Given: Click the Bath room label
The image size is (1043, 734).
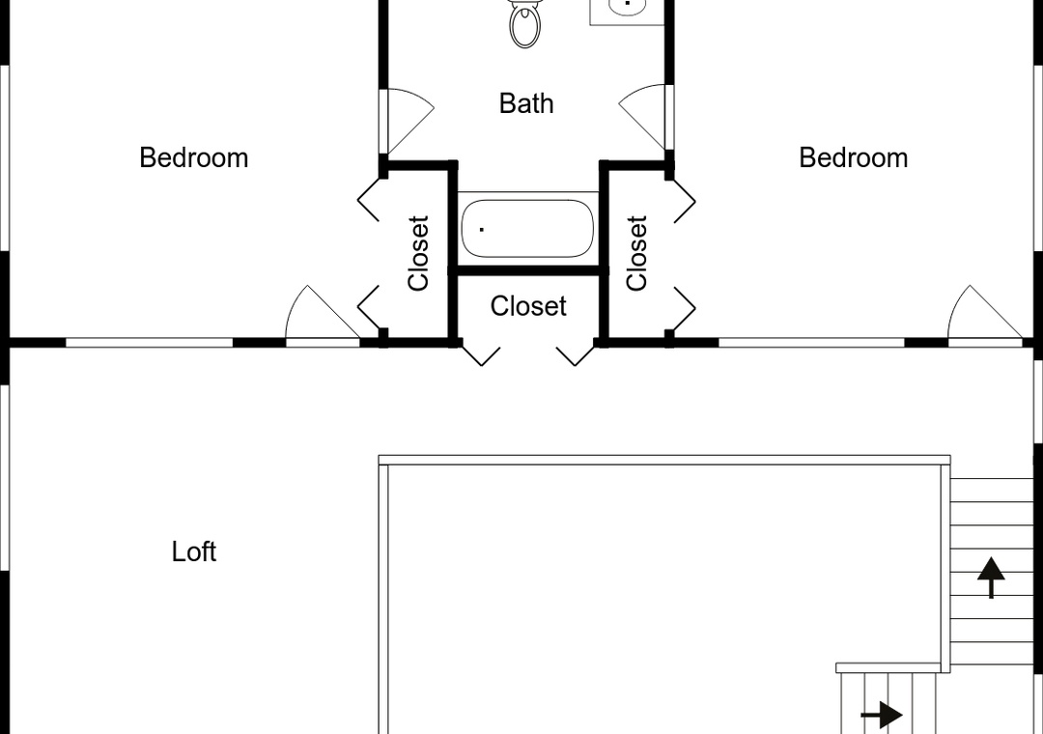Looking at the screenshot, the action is [526, 103].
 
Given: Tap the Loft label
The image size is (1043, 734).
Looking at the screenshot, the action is [193, 551].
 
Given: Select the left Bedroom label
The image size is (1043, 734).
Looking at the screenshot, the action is [193, 157].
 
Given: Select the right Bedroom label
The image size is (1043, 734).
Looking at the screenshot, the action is [854, 157].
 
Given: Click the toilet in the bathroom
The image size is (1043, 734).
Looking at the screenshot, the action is [524, 24].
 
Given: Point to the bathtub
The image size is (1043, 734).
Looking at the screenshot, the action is [527, 228].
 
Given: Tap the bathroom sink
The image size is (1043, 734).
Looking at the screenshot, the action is [627, 7].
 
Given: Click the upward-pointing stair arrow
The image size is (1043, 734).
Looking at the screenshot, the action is [991, 578].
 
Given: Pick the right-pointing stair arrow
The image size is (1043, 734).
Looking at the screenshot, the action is [882, 716].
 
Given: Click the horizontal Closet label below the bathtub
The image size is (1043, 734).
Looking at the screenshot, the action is [528, 306].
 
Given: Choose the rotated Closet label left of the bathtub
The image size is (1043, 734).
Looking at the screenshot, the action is [418, 253].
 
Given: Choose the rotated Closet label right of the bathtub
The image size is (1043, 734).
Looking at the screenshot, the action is [636, 253].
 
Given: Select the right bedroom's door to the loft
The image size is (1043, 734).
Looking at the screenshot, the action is [985, 314].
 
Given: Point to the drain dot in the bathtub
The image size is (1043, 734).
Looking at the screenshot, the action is [482, 230].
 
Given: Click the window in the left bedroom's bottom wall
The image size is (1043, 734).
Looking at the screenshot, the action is [149, 343].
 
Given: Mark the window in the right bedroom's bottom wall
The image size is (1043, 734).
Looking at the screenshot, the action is [811, 343].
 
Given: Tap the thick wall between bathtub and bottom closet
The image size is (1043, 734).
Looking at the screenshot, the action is [529, 270].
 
